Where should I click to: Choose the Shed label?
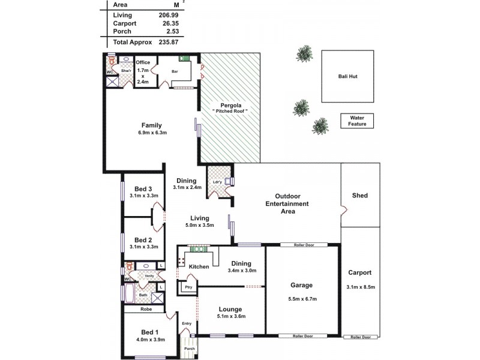tap(360, 196)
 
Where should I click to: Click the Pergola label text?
tap(230, 104)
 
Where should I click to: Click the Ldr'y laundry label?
tap(217, 182)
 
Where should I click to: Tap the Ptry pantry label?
tap(188, 287)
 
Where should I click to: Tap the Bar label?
tap(175, 71)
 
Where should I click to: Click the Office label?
tap(143, 62)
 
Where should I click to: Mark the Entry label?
tap(187, 323)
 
